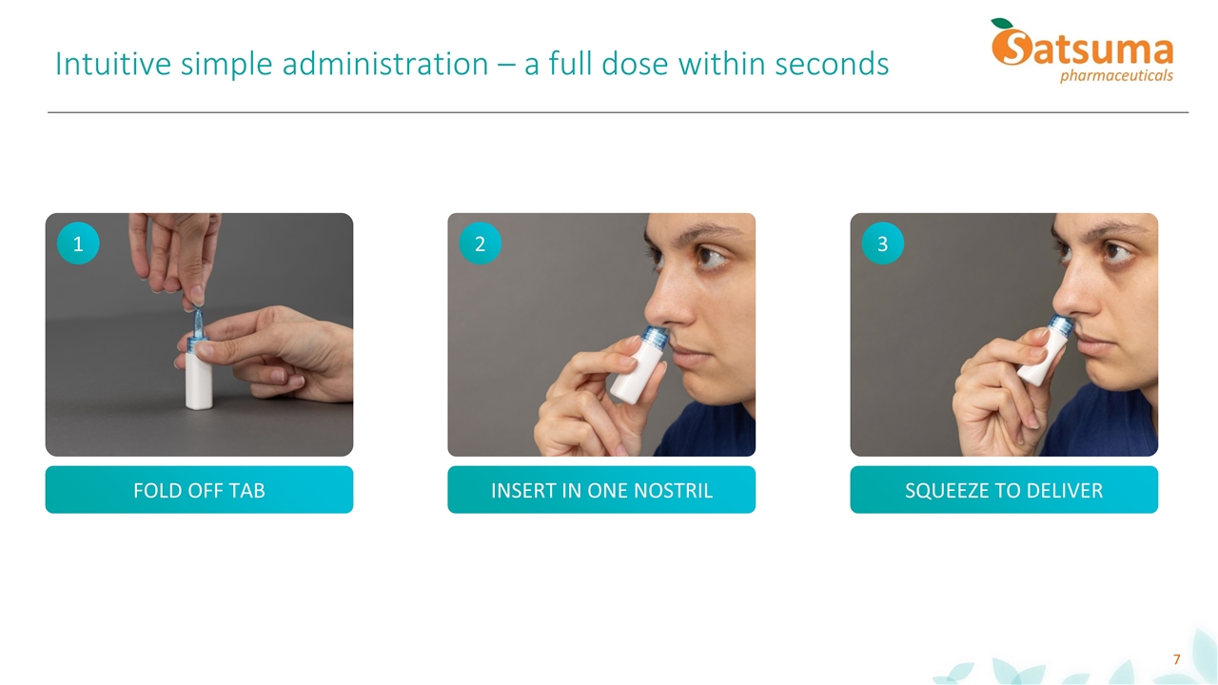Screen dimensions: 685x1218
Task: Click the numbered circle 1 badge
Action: point(78,244)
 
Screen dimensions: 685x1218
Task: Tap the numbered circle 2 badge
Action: point(480,244)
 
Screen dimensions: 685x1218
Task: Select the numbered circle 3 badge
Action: point(882,244)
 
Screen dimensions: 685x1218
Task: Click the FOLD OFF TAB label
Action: point(199,490)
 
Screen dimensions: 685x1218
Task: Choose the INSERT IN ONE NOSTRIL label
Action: point(601,490)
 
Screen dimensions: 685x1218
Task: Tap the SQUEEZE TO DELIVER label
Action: point(1004,490)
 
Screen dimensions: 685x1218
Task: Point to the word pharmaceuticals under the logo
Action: point(1115,75)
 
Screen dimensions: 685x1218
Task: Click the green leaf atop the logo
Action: point(1002,24)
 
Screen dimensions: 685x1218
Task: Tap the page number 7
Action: point(1176,659)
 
